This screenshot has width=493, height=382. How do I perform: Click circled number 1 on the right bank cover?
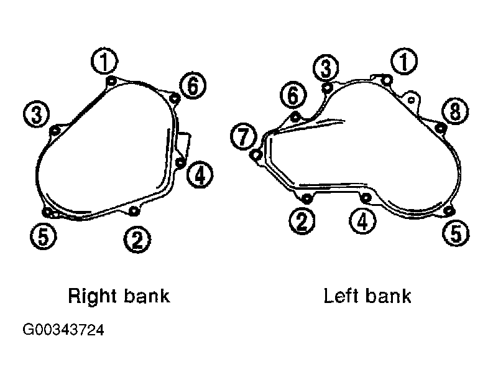point(104,61)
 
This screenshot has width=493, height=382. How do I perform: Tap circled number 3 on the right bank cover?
point(37,114)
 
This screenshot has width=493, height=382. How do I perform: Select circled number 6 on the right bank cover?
point(193,85)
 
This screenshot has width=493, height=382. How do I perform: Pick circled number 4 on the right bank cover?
point(200,174)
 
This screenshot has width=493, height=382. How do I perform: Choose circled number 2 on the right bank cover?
point(137,240)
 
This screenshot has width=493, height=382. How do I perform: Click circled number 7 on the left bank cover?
point(244,137)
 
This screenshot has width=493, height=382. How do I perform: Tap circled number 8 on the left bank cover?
point(455,111)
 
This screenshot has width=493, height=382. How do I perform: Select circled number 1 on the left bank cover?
point(404,61)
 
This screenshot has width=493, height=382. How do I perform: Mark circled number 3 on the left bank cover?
point(326,68)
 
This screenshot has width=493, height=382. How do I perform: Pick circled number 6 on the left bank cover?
point(293,95)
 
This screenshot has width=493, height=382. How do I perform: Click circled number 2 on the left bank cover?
point(302,221)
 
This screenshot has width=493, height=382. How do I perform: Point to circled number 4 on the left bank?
point(362,221)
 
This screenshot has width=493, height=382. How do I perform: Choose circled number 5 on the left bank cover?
point(456,233)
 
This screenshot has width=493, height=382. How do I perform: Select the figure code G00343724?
point(63,330)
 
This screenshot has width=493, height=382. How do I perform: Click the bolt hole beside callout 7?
point(256,154)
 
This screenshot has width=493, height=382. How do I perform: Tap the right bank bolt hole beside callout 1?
point(111,81)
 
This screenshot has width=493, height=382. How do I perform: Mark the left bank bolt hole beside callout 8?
point(441,128)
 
